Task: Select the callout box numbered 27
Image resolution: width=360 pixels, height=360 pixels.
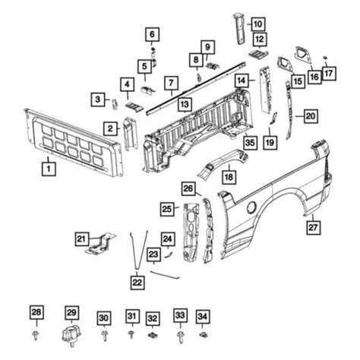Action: tap(312, 226)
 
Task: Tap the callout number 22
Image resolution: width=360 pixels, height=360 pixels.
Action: tap(136, 282)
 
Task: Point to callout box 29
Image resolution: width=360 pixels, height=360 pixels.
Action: tap(71, 313)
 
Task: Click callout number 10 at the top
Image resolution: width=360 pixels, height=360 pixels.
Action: tap(258, 24)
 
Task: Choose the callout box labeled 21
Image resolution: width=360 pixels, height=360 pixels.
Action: tap(81, 240)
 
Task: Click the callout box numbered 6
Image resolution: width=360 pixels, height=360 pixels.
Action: tap(151, 34)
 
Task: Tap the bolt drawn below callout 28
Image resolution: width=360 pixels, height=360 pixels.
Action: tap(36, 335)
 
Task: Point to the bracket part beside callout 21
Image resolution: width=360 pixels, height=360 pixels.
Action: tap(101, 245)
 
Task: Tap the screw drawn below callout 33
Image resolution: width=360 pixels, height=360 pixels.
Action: tap(180, 335)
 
